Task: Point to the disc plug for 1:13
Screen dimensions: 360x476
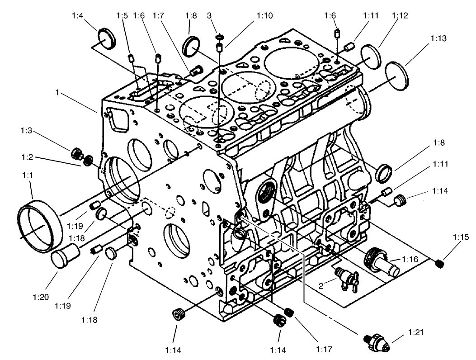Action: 397,73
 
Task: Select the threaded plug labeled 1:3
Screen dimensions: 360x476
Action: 77,153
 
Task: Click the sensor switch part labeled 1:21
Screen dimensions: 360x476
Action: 376,341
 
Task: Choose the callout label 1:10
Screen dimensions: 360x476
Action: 264,16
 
